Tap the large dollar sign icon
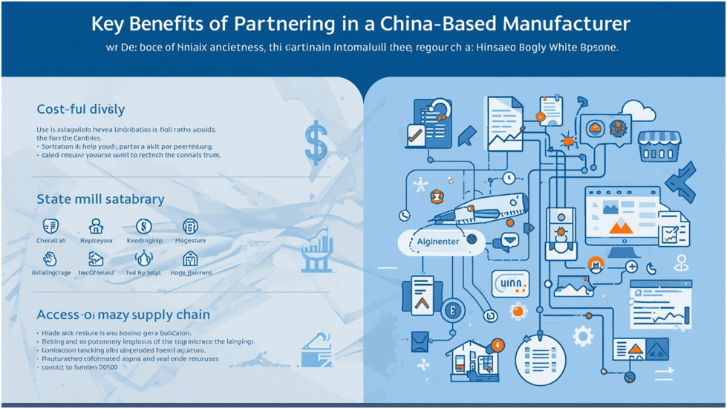[316, 143]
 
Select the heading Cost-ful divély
[80, 110]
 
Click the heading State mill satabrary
[100, 199]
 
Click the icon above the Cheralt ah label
[51, 227]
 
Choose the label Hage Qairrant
[191, 273]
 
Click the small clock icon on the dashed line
[509, 178]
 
